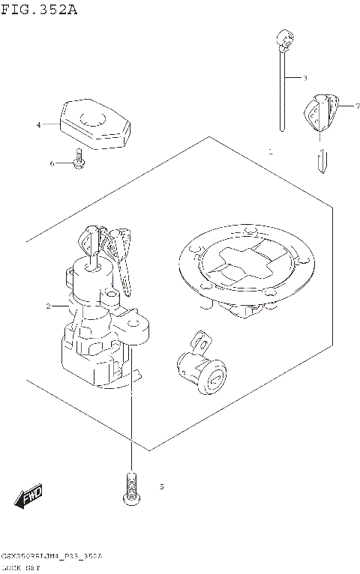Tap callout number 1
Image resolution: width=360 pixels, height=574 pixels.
270,151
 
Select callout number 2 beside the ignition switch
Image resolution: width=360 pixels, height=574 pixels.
48,306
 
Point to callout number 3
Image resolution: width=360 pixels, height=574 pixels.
305,78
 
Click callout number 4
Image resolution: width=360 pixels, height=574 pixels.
38,125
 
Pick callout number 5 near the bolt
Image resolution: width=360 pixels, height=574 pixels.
161,487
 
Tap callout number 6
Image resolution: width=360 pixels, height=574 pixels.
52,163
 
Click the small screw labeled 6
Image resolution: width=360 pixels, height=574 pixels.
77,160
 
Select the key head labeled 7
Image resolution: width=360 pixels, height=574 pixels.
321,112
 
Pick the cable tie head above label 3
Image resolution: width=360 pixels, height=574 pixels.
283,37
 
